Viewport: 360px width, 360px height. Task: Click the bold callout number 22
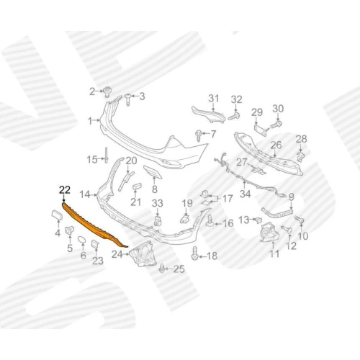[65, 190]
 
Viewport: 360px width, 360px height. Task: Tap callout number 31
[213, 99]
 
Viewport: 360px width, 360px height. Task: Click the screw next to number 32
[234, 117]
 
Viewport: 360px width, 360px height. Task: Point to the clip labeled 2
[107, 92]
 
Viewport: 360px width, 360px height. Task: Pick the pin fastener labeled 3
[128, 99]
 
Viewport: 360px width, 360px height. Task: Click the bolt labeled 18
[194, 253]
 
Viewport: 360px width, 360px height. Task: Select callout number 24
[117, 255]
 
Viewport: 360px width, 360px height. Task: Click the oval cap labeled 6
[81, 240]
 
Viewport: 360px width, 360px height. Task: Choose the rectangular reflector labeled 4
[57, 215]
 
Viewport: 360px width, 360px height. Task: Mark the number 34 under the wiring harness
[245, 194]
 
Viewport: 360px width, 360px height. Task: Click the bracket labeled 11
[270, 233]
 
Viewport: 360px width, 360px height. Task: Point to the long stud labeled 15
[107, 156]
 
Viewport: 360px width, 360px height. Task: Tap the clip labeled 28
[300, 156]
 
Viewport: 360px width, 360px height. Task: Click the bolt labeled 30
[276, 125]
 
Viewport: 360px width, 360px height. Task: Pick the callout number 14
[85, 194]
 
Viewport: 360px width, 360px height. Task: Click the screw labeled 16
[210, 221]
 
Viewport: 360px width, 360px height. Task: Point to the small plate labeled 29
[261, 130]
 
